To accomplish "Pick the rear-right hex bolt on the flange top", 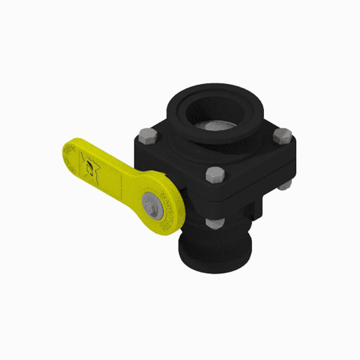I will [x=282, y=136].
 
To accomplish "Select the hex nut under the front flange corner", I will [x=214, y=223].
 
